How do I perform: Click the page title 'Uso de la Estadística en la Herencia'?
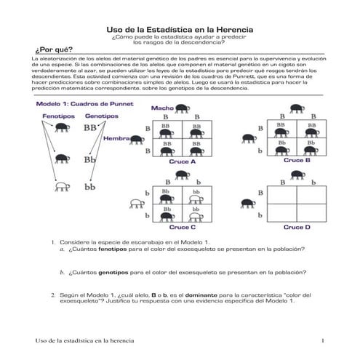pyautogui.click(x=180, y=28)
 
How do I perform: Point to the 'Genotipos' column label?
pyautogui.click(x=101, y=116)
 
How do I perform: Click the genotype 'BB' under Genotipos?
pyautogui.click(x=90, y=128)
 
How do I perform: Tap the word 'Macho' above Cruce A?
pyautogui.click(x=161, y=108)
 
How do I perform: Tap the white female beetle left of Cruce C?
pyautogui.click(x=135, y=204)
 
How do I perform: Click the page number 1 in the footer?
pyautogui.click(x=321, y=340)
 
